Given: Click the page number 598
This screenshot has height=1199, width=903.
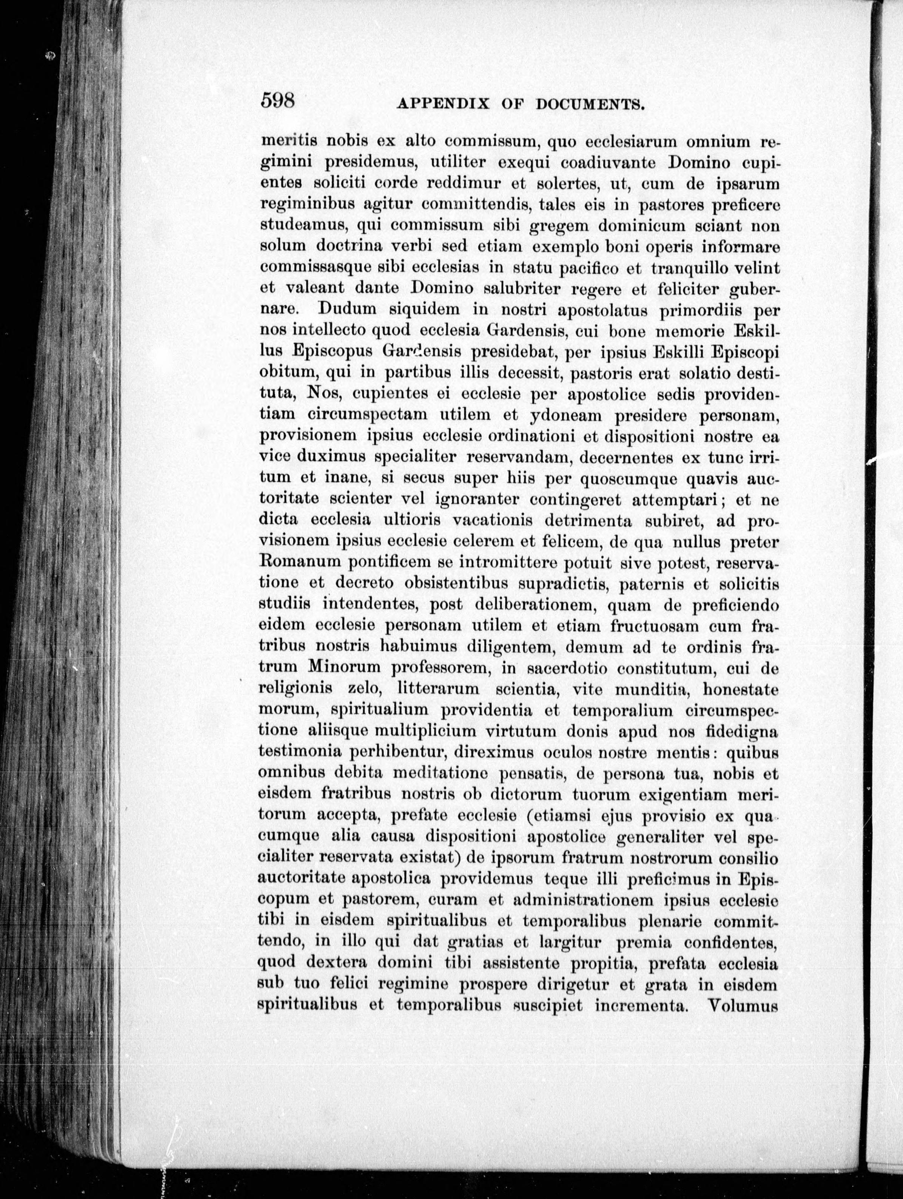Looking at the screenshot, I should (277, 100).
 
